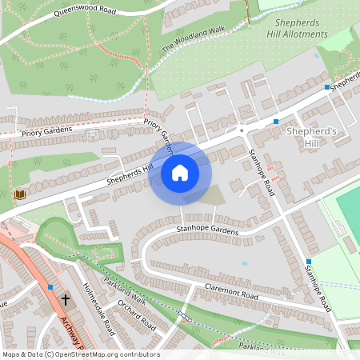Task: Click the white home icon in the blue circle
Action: click(x=180, y=173)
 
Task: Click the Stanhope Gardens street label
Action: click(x=208, y=231)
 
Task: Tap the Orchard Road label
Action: click(x=136, y=315)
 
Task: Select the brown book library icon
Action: click(x=20, y=194)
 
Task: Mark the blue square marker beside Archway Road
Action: click(x=50, y=286)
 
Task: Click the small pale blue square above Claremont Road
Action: click(x=244, y=263)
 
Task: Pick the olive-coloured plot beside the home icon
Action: click(x=206, y=194)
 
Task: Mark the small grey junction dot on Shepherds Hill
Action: click(x=241, y=129)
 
